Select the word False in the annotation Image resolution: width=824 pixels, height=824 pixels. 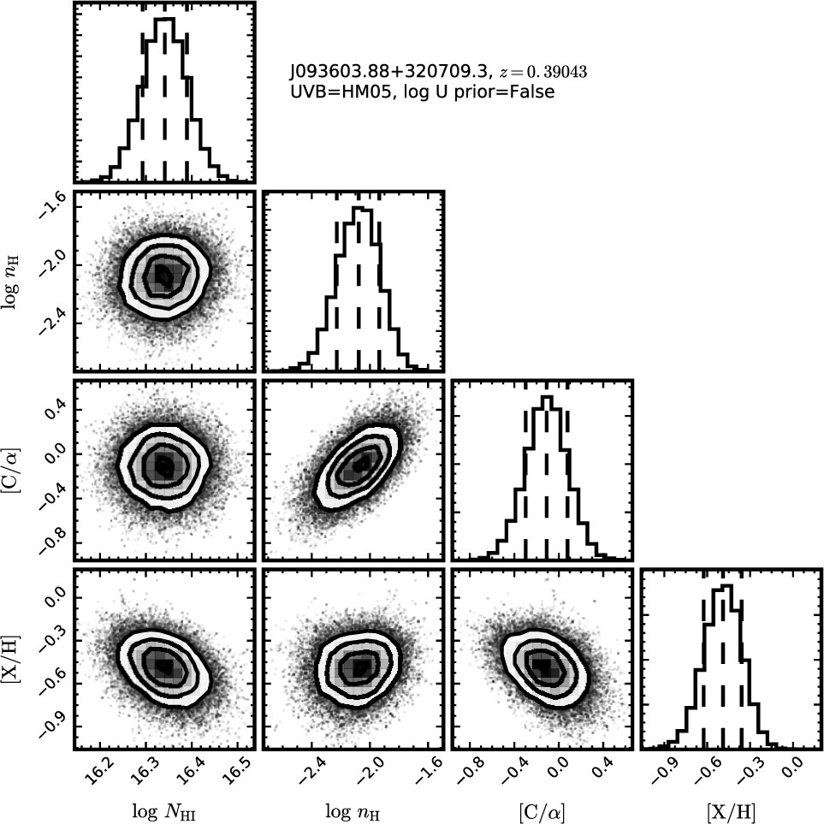(531, 92)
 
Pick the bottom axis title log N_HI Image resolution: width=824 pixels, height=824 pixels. (163, 812)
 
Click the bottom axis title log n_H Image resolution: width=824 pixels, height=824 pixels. (352, 812)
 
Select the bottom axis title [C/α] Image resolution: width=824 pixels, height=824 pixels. (542, 812)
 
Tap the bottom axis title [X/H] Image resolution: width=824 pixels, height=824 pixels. (731, 812)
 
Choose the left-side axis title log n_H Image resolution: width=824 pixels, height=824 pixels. (11, 282)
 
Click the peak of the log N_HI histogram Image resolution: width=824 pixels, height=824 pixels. (164, 19)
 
